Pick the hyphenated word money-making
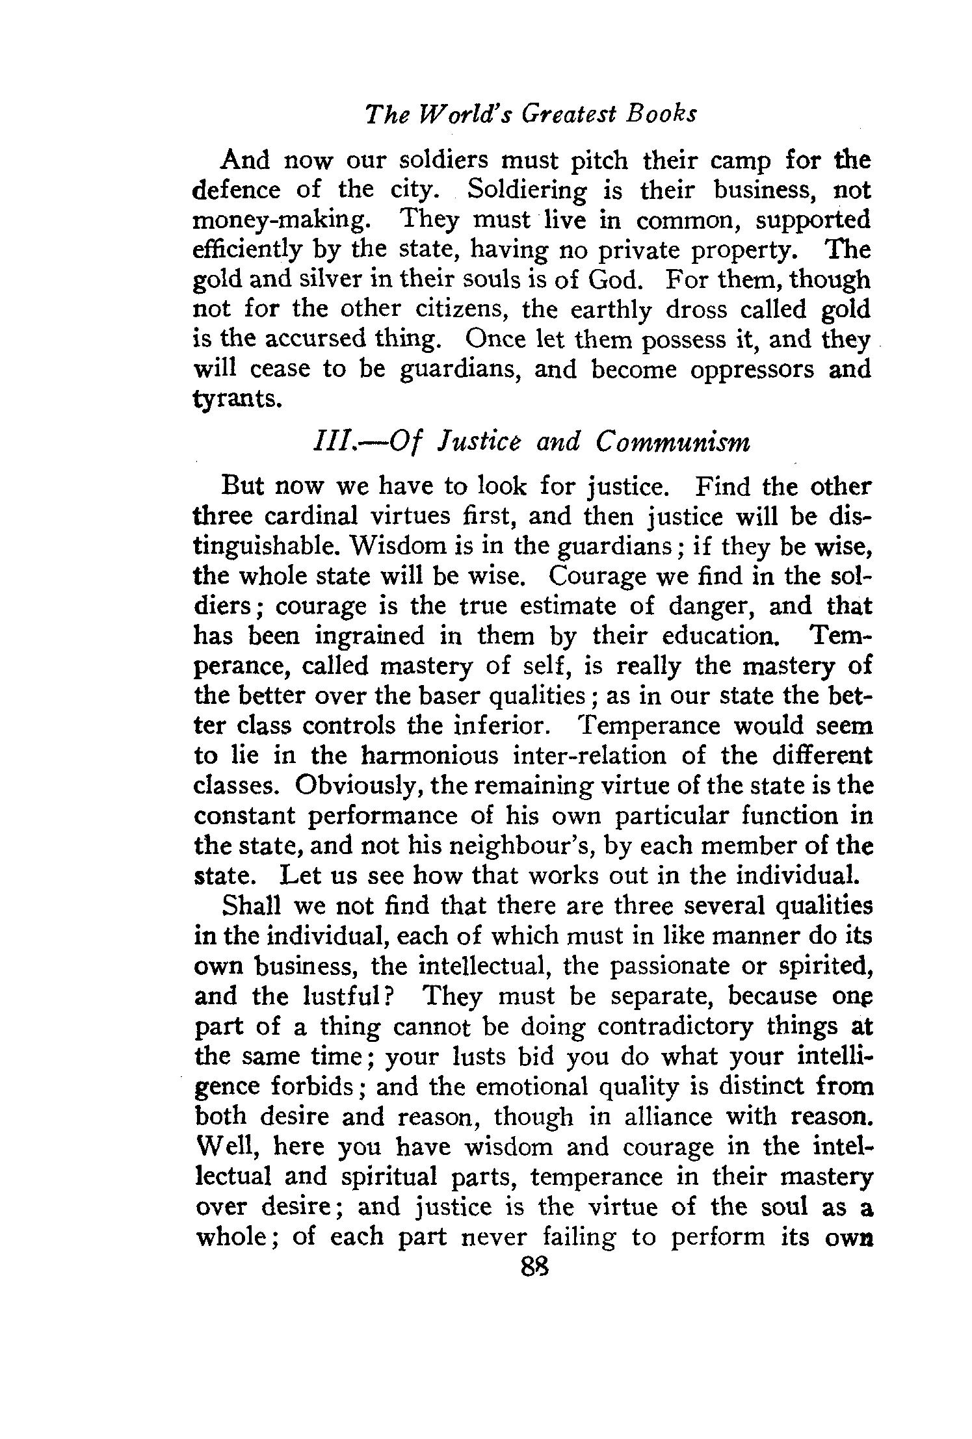[x=280, y=221]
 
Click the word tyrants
[x=238, y=398]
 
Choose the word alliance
[x=662, y=1116]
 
